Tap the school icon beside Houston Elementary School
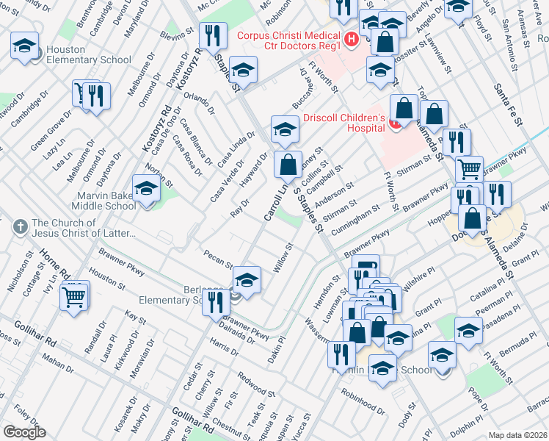coord(25,47)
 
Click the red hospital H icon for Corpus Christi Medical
coord(352,38)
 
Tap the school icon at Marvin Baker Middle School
coord(146,189)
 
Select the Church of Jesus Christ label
coord(84,228)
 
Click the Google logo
coord(24,431)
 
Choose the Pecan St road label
coord(219,262)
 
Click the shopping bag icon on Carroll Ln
coord(288,164)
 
